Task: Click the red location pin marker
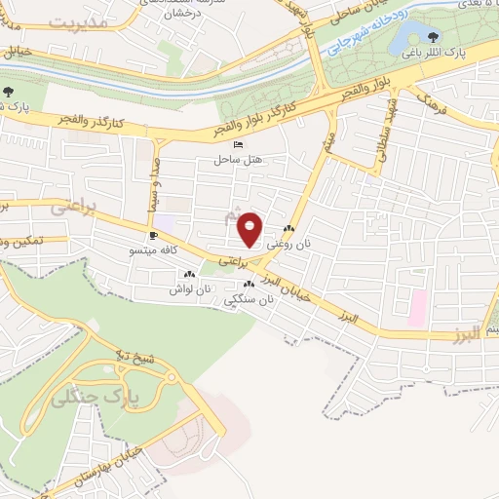click(x=250, y=228)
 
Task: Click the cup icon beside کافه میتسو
click(x=153, y=236)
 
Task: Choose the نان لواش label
click(x=189, y=289)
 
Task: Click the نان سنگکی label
click(x=249, y=300)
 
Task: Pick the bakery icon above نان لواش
click(x=189, y=275)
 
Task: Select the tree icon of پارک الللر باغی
click(x=434, y=37)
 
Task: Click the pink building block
click(x=417, y=308)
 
